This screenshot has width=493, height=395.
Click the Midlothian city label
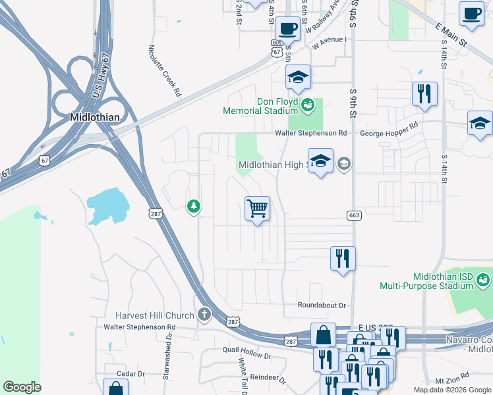click(x=96, y=117)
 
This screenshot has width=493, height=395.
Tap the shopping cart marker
click(x=257, y=209)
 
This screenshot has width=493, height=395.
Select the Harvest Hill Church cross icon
click(x=204, y=314)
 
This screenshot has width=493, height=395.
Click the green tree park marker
click(x=193, y=207)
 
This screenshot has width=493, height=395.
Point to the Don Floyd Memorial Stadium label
click(x=261, y=106)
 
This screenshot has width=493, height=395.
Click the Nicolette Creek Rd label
click(x=165, y=71)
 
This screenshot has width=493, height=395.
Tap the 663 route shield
click(x=354, y=216)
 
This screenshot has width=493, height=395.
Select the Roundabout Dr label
click(x=322, y=305)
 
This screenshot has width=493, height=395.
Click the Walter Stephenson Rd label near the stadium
click(x=310, y=133)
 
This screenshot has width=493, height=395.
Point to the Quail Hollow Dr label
click(x=247, y=355)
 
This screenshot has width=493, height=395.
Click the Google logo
click(x=22, y=387)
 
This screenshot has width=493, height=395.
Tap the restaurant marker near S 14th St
click(x=424, y=94)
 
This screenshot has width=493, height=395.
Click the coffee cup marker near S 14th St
click(x=471, y=14)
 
